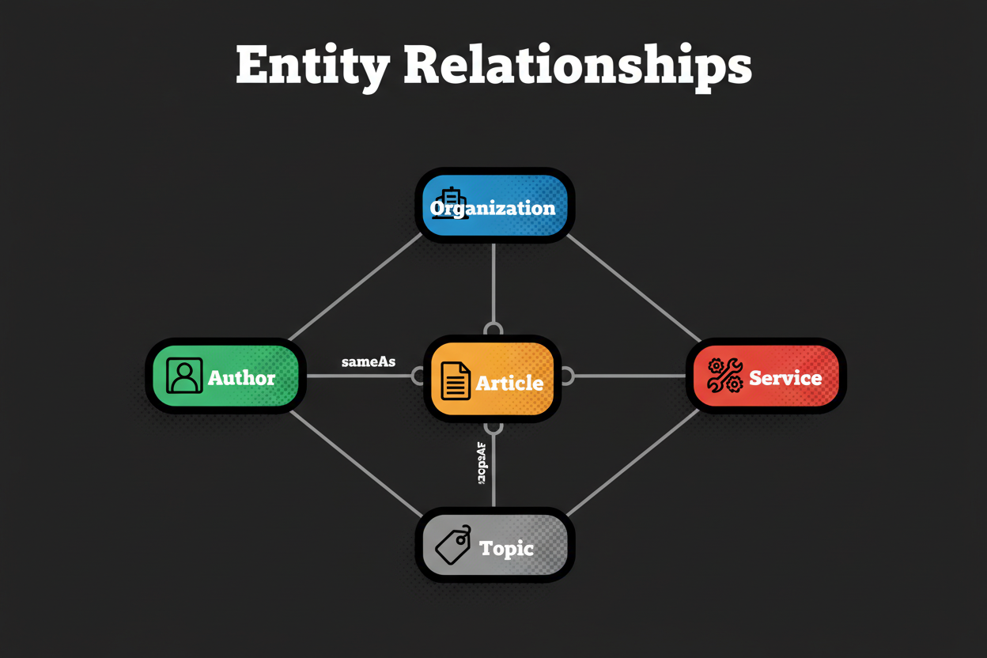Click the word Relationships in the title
pyautogui.click(x=577, y=66)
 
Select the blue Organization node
pyautogui.click(x=494, y=206)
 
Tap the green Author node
pyautogui.click(x=225, y=376)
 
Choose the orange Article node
pyautogui.click(x=492, y=380)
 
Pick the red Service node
pyautogui.click(x=766, y=376)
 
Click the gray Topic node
pyautogui.click(x=494, y=546)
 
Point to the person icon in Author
pyautogui.click(x=184, y=376)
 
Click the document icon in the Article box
pyautogui.click(x=455, y=381)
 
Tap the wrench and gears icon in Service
pyautogui.click(x=724, y=376)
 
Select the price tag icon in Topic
pyautogui.click(x=453, y=545)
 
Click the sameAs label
pyautogui.click(x=368, y=362)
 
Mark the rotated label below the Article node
pyautogui.click(x=482, y=463)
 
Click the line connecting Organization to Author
pyautogui.click(x=356, y=286)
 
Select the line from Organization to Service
pyautogui.click(x=633, y=286)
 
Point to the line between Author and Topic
pyautogui.click(x=356, y=463)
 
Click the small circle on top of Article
pyautogui.click(x=493, y=329)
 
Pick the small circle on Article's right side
pyautogui.click(x=566, y=376)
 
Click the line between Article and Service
pyautogui.click(x=629, y=376)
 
